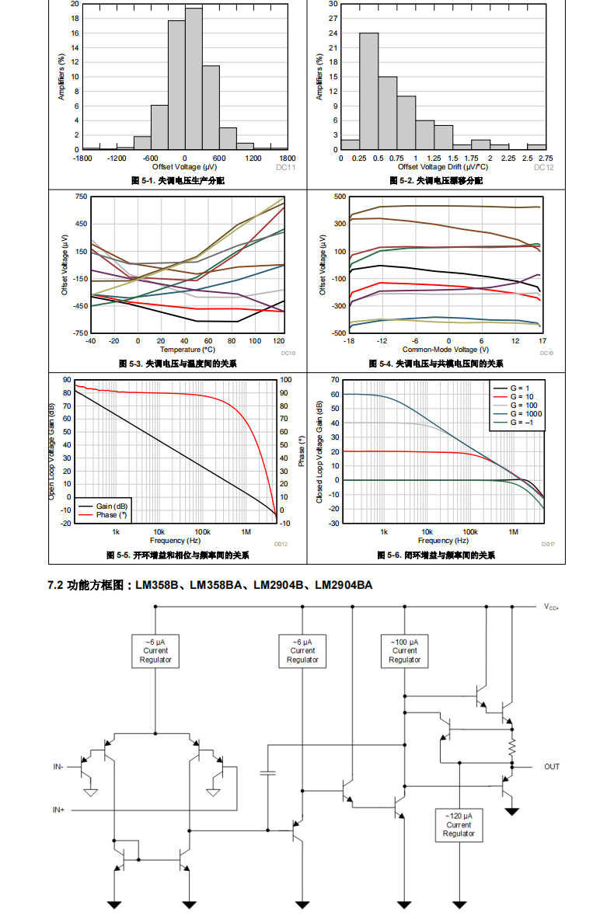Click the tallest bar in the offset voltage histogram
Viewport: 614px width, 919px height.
pos(194,78)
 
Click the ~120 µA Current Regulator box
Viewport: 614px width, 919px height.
pos(459,824)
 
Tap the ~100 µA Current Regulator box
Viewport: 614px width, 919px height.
pos(404,651)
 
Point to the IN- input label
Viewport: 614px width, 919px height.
pos(58,767)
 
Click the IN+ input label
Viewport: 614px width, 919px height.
pos(58,810)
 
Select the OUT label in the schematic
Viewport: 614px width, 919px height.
pos(551,767)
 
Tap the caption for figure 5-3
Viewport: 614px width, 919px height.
pos(178,364)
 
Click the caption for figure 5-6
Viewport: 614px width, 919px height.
pos(436,555)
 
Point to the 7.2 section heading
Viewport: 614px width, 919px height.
pos(210,585)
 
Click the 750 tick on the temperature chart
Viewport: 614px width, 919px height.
pos(82,197)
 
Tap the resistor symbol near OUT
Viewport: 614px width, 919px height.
pos(512,748)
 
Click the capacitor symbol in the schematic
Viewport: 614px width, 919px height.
pos(268,773)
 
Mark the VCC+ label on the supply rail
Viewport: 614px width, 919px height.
pos(551,607)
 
